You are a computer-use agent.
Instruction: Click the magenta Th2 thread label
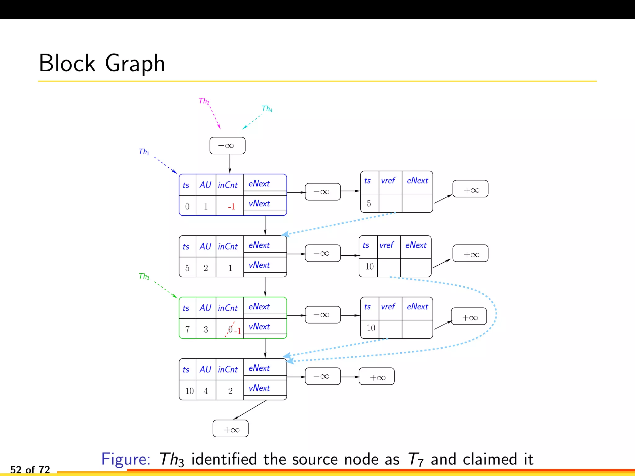204,101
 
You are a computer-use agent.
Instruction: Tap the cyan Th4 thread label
267,109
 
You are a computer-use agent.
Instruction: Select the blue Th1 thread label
144,152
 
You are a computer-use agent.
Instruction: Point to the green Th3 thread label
144,276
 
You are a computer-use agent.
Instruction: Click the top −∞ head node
227,146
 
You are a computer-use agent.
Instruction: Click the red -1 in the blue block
231,207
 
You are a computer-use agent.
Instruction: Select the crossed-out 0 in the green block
230,329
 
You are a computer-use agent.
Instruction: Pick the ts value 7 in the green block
187,329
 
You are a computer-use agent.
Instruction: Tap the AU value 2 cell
206,268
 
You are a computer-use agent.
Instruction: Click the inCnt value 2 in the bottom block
230,391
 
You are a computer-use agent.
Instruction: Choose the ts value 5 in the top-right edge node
369,204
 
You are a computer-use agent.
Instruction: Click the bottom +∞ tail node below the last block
230,430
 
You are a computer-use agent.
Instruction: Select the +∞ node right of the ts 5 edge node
470,189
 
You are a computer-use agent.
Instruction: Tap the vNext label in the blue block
259,204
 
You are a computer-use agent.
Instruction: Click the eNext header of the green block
259,306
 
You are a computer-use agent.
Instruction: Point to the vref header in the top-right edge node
388,181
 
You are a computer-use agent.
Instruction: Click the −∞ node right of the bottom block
322,376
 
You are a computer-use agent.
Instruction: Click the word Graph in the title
135,64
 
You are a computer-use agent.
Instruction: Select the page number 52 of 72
30,469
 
